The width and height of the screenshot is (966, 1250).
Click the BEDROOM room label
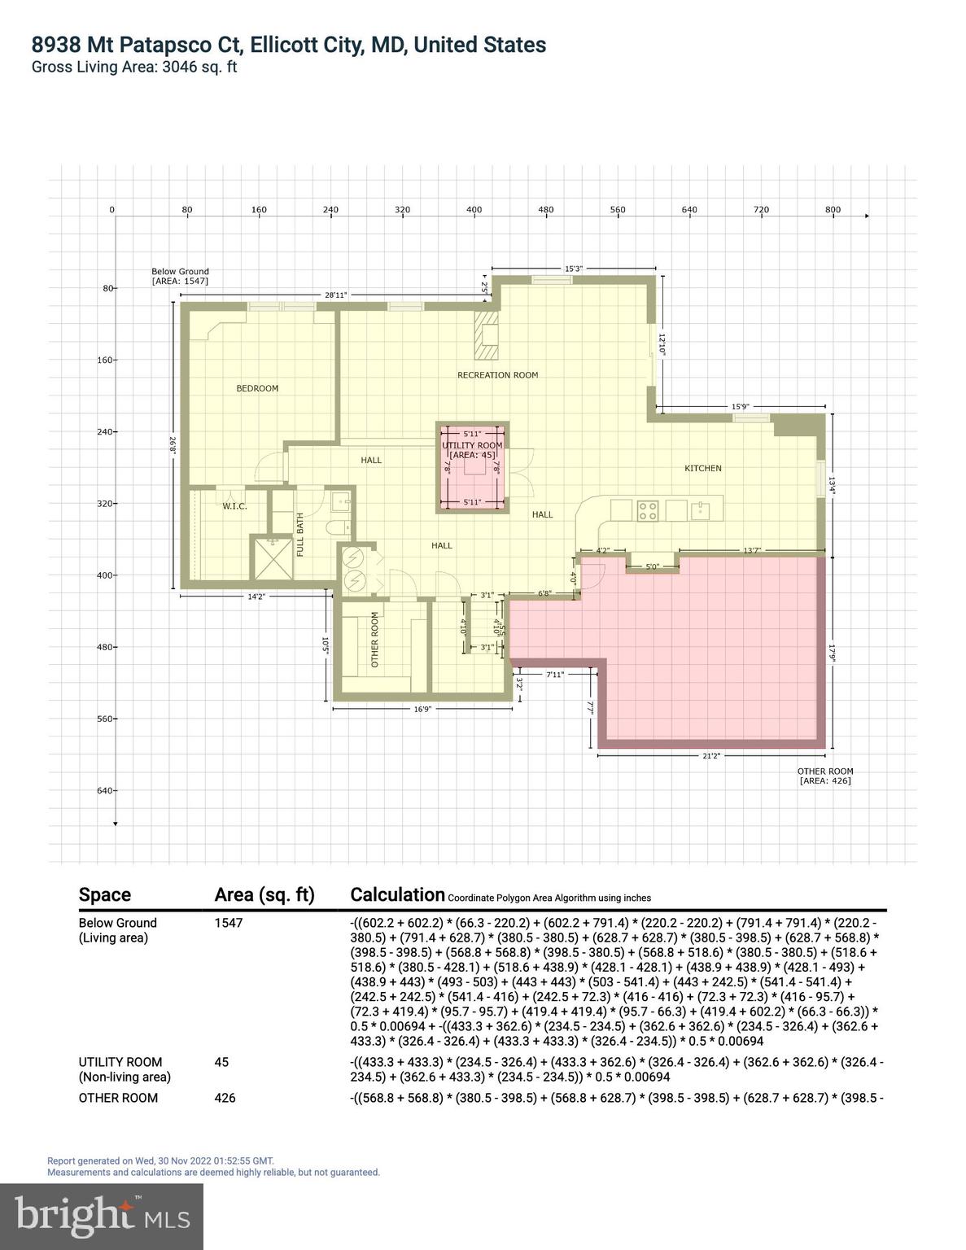tap(257, 389)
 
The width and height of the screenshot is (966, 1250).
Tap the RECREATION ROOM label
tap(497, 375)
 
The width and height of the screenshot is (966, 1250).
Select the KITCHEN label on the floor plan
tap(702, 469)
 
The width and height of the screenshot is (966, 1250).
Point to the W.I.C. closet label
tap(234, 507)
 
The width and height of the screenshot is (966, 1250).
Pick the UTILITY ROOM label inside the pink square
tap(472, 446)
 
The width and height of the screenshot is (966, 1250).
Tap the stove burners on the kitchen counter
tap(647, 510)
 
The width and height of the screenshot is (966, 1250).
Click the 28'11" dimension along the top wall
tap(335, 295)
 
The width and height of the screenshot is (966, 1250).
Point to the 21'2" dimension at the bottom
tap(710, 756)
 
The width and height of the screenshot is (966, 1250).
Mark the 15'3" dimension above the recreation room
tap(573, 269)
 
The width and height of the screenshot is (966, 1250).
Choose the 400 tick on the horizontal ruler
tap(474, 210)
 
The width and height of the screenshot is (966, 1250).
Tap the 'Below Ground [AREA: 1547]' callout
tap(180, 277)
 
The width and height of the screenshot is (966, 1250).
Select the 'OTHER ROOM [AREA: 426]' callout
tap(825, 776)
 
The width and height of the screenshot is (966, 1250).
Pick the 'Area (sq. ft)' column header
tap(264, 895)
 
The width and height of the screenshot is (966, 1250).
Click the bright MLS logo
tap(102, 1217)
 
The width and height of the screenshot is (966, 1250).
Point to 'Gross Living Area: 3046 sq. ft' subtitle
tap(134, 68)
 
